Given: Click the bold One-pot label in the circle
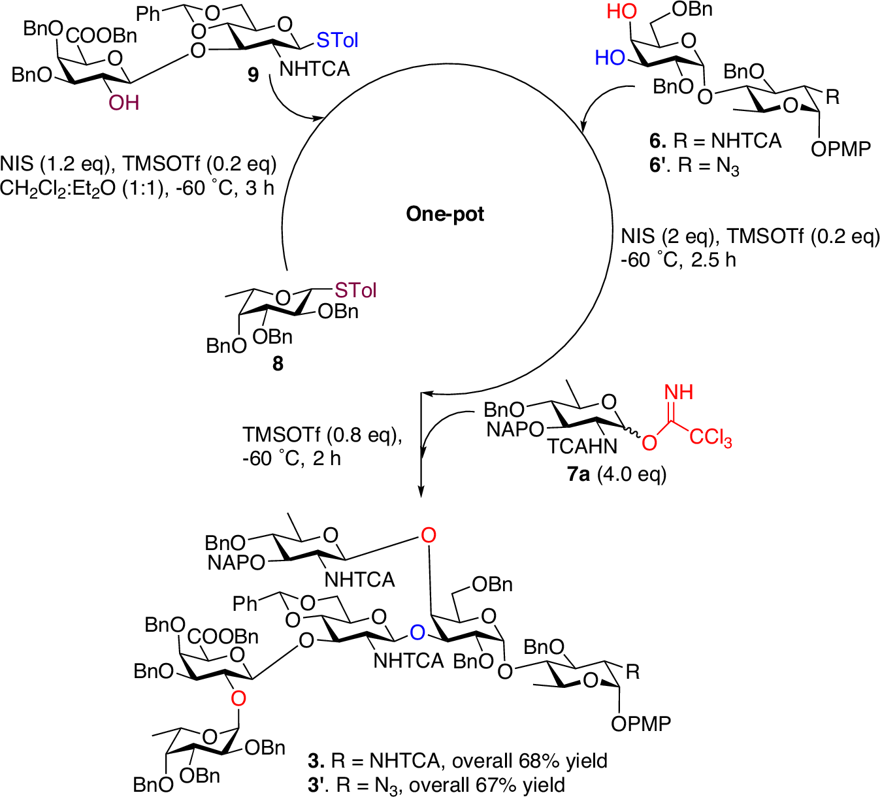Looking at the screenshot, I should click(x=445, y=214).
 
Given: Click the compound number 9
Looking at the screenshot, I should click(x=253, y=75).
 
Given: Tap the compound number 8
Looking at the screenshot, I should click(x=278, y=363).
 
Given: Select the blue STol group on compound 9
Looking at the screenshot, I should click(x=337, y=41).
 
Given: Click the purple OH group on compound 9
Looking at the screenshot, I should click(x=124, y=103).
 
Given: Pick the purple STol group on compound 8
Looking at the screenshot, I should click(x=355, y=290).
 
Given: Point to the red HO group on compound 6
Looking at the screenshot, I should click(x=621, y=12).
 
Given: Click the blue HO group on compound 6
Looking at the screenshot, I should click(x=610, y=58).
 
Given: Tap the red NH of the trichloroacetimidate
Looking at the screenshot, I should click(x=678, y=392).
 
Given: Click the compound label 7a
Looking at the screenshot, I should click(x=579, y=474).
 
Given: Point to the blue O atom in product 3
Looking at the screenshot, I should click(x=417, y=632).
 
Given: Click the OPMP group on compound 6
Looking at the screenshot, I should click(x=841, y=150).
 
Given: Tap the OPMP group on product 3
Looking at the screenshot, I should click(x=641, y=724).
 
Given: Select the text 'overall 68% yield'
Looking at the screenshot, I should click(x=530, y=761).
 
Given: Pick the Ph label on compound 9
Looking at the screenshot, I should click(x=148, y=14).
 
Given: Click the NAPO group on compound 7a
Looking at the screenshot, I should click(x=515, y=429).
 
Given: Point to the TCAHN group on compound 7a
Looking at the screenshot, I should click(x=582, y=446).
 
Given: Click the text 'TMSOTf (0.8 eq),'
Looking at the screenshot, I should click(x=322, y=435).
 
